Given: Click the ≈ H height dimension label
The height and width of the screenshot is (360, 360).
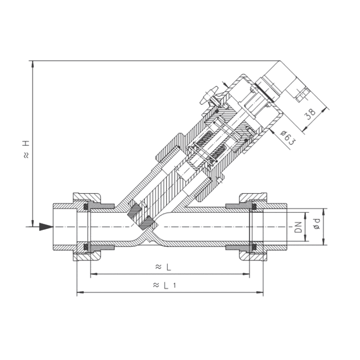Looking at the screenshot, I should tap(26, 149).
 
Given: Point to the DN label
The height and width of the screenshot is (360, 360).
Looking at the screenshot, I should tap(298, 227).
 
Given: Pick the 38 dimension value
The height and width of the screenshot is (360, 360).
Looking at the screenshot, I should tap(310, 114).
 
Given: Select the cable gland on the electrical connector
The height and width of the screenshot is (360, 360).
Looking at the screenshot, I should tap(301, 92).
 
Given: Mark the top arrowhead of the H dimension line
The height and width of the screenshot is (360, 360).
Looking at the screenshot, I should tap(32, 64).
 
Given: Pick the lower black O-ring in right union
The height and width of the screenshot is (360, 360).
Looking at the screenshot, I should tap(254, 247).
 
